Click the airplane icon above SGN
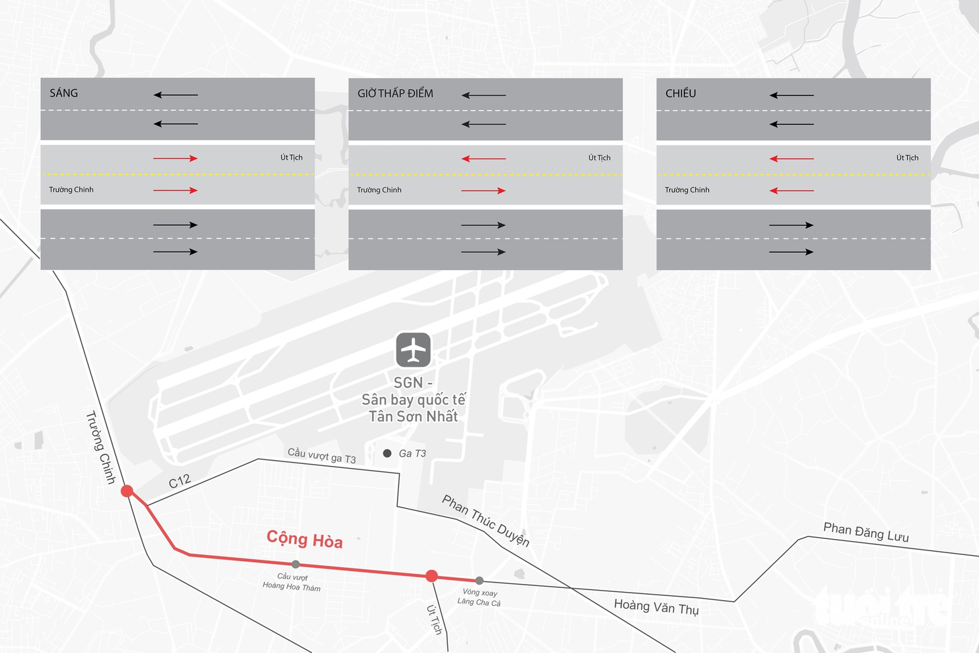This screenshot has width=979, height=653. (x=413, y=350)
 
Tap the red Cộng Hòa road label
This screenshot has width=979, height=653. (x=304, y=539)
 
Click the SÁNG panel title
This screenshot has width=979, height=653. (x=64, y=93)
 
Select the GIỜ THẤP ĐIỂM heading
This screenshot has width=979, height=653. (x=395, y=93)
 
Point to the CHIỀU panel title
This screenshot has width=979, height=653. (x=681, y=93)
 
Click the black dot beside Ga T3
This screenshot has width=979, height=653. (x=387, y=453)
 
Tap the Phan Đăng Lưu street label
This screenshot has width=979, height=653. (x=866, y=532)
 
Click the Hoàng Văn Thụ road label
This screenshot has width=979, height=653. (x=656, y=606)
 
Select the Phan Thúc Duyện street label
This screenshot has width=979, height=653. (x=485, y=520)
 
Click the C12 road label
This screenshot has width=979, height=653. (x=180, y=481)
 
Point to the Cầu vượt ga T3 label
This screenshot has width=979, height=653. (x=322, y=455)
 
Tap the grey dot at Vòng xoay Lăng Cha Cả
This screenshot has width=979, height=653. (x=479, y=581)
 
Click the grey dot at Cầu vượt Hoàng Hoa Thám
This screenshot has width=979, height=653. (x=296, y=565)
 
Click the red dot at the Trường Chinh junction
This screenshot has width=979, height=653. (x=127, y=491)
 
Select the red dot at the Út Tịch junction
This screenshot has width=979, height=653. (x=431, y=576)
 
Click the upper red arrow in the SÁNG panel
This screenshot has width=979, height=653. (x=175, y=158)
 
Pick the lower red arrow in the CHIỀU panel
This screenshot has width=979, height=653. (x=791, y=190)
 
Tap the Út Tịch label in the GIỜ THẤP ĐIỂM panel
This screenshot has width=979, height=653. (x=599, y=158)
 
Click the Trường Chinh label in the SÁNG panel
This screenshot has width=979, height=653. (x=71, y=189)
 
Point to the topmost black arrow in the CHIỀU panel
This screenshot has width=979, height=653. (x=791, y=95)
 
